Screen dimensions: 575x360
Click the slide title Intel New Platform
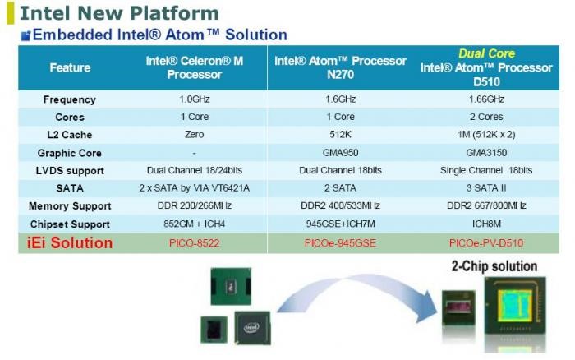point(119,13)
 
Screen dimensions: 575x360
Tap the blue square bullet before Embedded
point(25,35)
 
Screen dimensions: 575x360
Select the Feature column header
point(70,67)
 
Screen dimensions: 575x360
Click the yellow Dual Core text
point(486,53)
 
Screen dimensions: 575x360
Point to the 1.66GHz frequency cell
point(486,99)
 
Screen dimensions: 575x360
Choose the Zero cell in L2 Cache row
point(195,134)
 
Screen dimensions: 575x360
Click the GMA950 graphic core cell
point(340,152)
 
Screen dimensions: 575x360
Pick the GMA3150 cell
point(486,152)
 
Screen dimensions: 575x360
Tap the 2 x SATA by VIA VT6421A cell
point(195,188)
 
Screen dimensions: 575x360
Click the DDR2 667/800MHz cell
point(486,205)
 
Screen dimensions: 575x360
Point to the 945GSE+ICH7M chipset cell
point(341,224)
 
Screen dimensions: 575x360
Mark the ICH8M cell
point(486,224)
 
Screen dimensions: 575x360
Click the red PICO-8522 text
point(195,243)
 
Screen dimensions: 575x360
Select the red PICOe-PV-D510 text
point(486,243)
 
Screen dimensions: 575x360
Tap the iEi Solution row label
point(70,243)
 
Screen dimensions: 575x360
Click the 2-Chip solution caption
point(494,266)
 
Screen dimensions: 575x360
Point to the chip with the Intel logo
point(252,328)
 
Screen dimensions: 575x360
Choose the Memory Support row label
point(70,206)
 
